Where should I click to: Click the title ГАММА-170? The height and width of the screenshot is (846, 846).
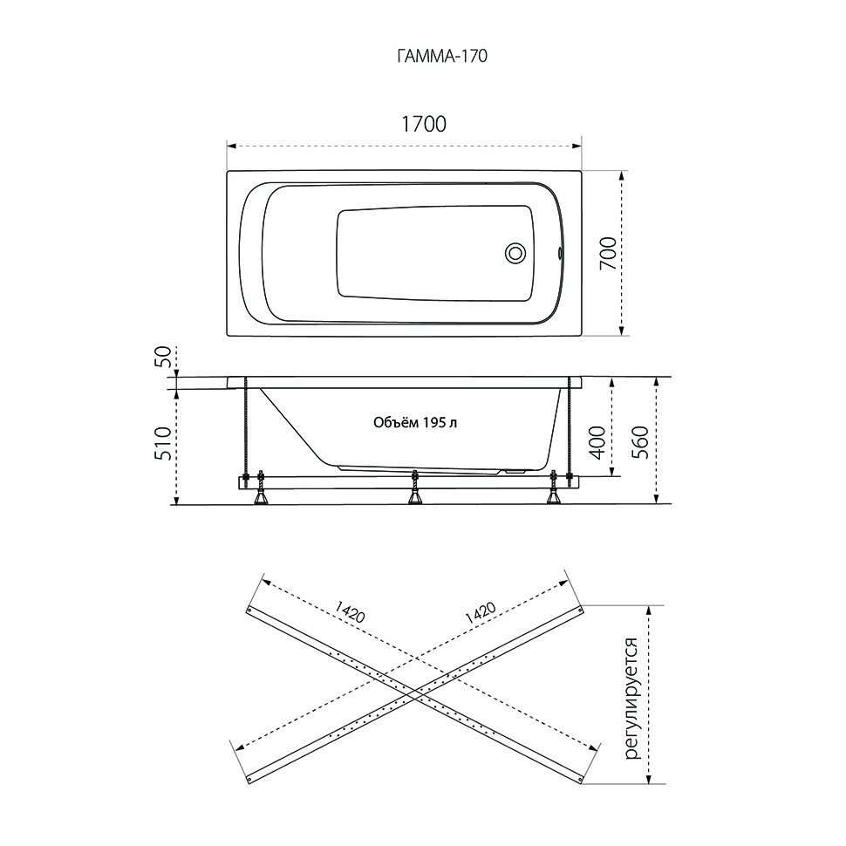pyautogui.click(x=442, y=56)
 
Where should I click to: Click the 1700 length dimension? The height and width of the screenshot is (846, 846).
pyautogui.click(x=424, y=124)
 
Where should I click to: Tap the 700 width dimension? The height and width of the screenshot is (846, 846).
pyautogui.click(x=608, y=254)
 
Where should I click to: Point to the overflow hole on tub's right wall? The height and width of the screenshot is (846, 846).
pyautogui.click(x=560, y=252)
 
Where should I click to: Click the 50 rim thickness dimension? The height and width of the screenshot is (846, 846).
pyautogui.click(x=164, y=357)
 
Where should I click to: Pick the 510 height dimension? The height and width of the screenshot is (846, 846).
pyautogui.click(x=165, y=444)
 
